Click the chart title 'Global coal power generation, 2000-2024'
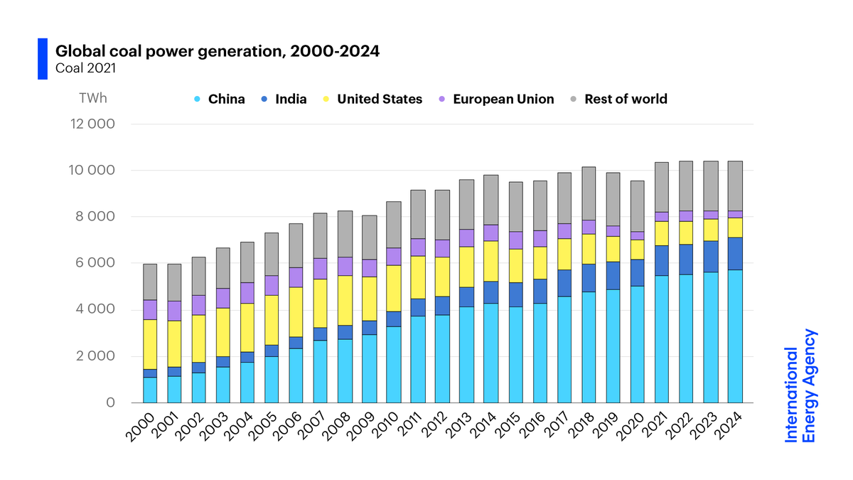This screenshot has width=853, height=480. coord(218,51)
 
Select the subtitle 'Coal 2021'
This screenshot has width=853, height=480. coord(86,69)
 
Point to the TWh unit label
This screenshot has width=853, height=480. coord(92,99)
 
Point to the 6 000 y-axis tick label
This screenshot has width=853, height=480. coord(93,263)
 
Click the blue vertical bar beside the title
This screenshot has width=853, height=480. coord(42,58)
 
